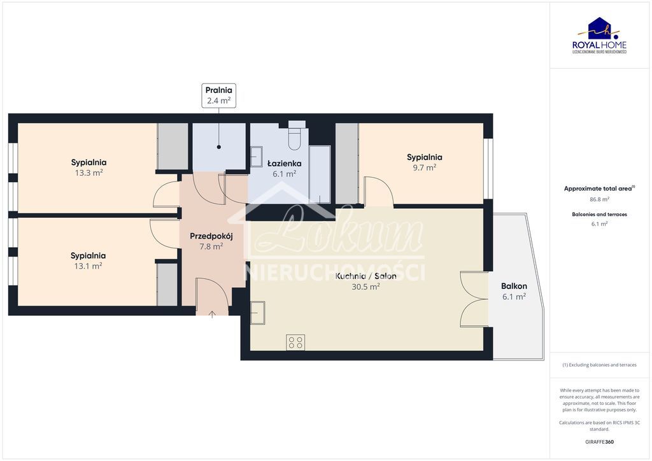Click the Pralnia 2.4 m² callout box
(x=218, y=95)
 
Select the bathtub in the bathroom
(x=320, y=174)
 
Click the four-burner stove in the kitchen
(x=295, y=343)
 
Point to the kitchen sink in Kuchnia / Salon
(x=258, y=313)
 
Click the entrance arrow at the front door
(x=213, y=313)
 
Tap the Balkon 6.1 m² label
(x=514, y=292)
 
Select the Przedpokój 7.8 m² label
(x=211, y=241)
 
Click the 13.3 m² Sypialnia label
(x=89, y=167)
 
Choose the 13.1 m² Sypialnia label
(x=88, y=260)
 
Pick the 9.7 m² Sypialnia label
(x=424, y=162)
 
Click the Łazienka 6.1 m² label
(x=284, y=168)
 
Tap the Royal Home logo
(x=599, y=36)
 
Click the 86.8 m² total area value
(x=599, y=199)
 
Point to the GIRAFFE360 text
(x=599, y=441)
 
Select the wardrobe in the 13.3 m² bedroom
(x=173, y=146)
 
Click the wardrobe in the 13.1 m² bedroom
(x=167, y=284)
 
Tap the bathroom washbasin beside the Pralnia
(x=256, y=157)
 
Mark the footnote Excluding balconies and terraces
(x=599, y=365)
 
